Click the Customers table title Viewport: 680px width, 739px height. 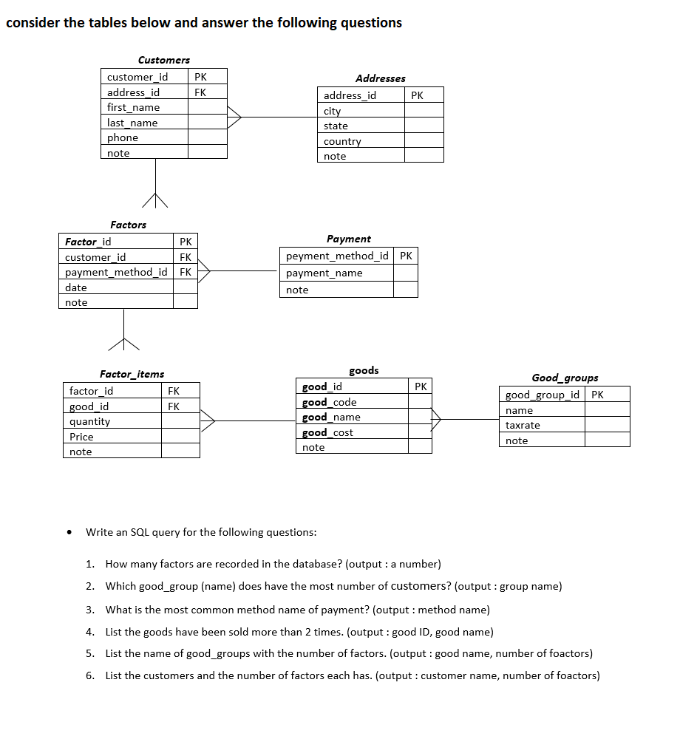pyautogui.click(x=163, y=60)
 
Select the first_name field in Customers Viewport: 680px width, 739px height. pyautogui.click(x=133, y=107)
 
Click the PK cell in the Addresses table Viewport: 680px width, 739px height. pyautogui.click(x=417, y=95)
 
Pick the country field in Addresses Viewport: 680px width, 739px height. pyautogui.click(x=342, y=141)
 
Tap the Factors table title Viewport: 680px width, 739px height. pyautogui.click(x=128, y=225)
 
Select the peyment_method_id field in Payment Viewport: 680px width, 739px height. pyautogui.click(x=337, y=256)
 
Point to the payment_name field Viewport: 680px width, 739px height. pyautogui.click(x=324, y=273)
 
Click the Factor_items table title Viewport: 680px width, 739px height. pyautogui.click(x=132, y=374)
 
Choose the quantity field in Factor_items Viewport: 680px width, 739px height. pyautogui.click(x=89, y=421)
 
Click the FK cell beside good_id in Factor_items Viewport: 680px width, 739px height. pyautogui.click(x=174, y=406)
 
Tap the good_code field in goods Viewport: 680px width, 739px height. pyautogui.click(x=329, y=402)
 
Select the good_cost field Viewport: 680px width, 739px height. pyautogui.click(x=327, y=432)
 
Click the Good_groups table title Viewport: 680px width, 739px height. pyautogui.click(x=565, y=378)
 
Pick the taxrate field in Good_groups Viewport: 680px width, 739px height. pyautogui.click(x=523, y=425)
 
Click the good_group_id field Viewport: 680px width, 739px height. pyautogui.click(x=542, y=395)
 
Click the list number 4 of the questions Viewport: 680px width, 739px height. pyautogui.click(x=89, y=632)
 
